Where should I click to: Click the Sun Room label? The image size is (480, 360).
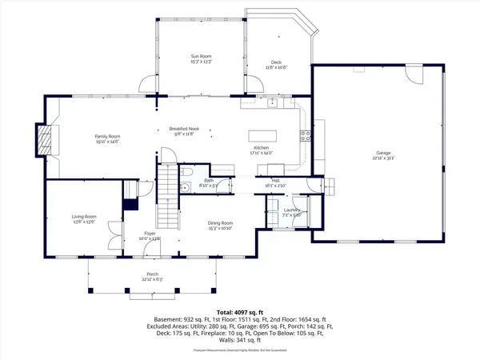(x=200, y=56)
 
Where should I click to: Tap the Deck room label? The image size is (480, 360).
(x=276, y=62)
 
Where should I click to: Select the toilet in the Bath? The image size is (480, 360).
(x=187, y=171)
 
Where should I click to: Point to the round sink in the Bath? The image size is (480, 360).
(x=183, y=189)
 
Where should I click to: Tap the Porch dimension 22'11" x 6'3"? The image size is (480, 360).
(x=152, y=280)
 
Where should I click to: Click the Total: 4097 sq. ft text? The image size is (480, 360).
(x=239, y=311)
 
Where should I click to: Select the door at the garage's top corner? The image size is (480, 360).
(x=414, y=74)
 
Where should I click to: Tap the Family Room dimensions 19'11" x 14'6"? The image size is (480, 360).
(x=106, y=142)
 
